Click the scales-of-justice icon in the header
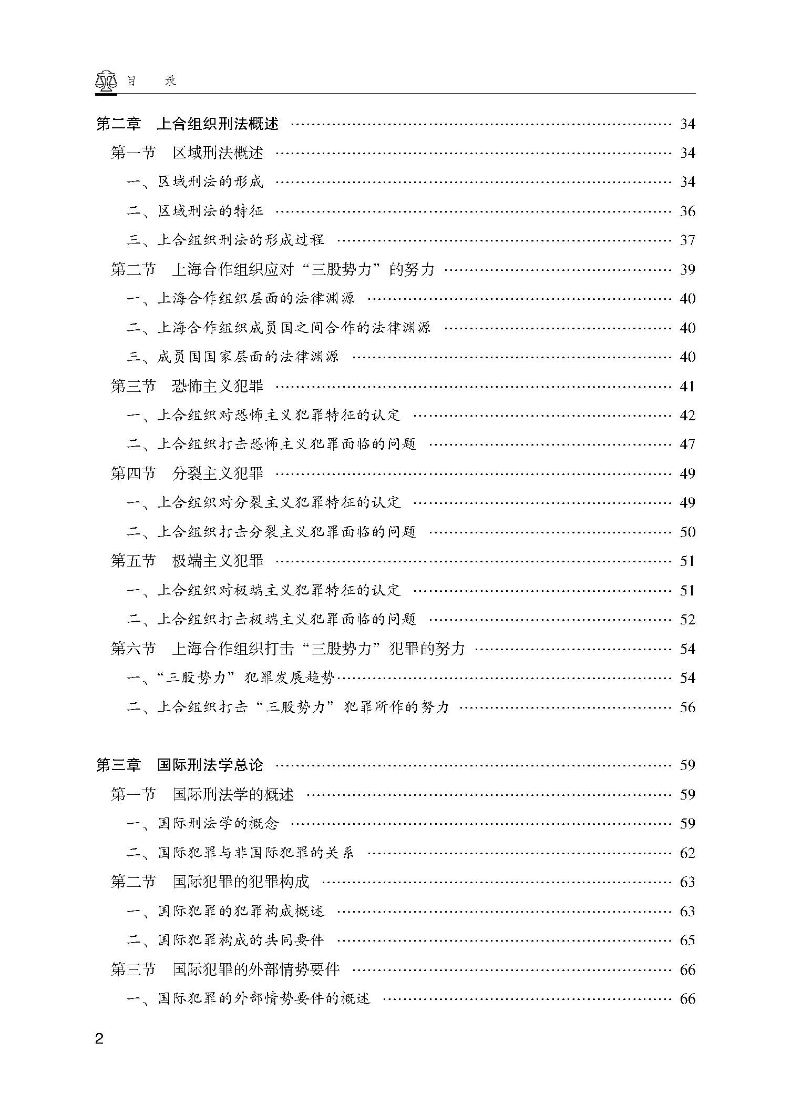click(x=106, y=81)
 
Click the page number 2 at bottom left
click(x=99, y=1039)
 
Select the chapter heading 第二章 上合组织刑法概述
click(x=187, y=124)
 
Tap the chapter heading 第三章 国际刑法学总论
click(x=179, y=765)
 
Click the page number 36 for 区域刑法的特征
click(x=687, y=211)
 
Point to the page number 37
click(x=687, y=240)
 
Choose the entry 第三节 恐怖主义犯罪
click(x=187, y=387)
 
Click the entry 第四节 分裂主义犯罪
click(x=187, y=474)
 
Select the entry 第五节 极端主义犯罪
click(x=187, y=561)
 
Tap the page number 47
click(x=687, y=444)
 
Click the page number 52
click(x=687, y=620)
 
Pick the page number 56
click(x=687, y=707)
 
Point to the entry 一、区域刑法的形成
click(x=194, y=182)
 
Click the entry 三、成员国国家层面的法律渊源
click(x=232, y=357)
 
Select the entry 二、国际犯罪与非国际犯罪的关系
click(x=240, y=853)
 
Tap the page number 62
click(x=687, y=853)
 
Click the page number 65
click(x=687, y=940)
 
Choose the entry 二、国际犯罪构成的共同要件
click(x=225, y=940)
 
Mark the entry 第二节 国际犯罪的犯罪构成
click(x=210, y=882)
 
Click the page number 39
click(x=687, y=270)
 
